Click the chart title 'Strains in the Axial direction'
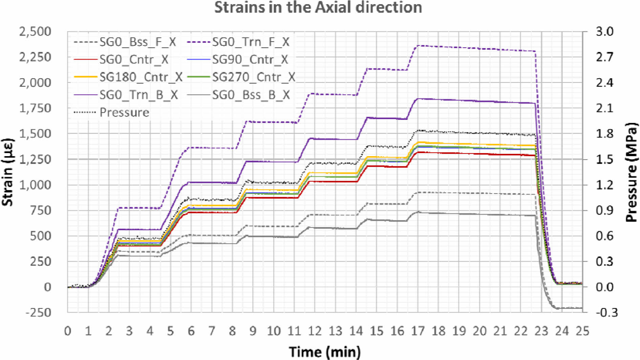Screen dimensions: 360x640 (x=318, y=7)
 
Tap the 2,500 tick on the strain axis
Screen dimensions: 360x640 (x=35, y=31)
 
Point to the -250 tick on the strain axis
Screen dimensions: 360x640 (x=38, y=312)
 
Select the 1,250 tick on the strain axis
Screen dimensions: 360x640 (x=35, y=159)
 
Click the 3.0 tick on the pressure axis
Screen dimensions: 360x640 (x=604, y=31)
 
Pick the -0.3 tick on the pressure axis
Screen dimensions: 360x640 (x=606, y=312)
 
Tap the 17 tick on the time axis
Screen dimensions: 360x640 (x=418, y=331)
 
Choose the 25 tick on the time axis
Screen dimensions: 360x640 (x=582, y=331)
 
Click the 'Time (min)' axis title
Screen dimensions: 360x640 (x=325, y=352)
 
